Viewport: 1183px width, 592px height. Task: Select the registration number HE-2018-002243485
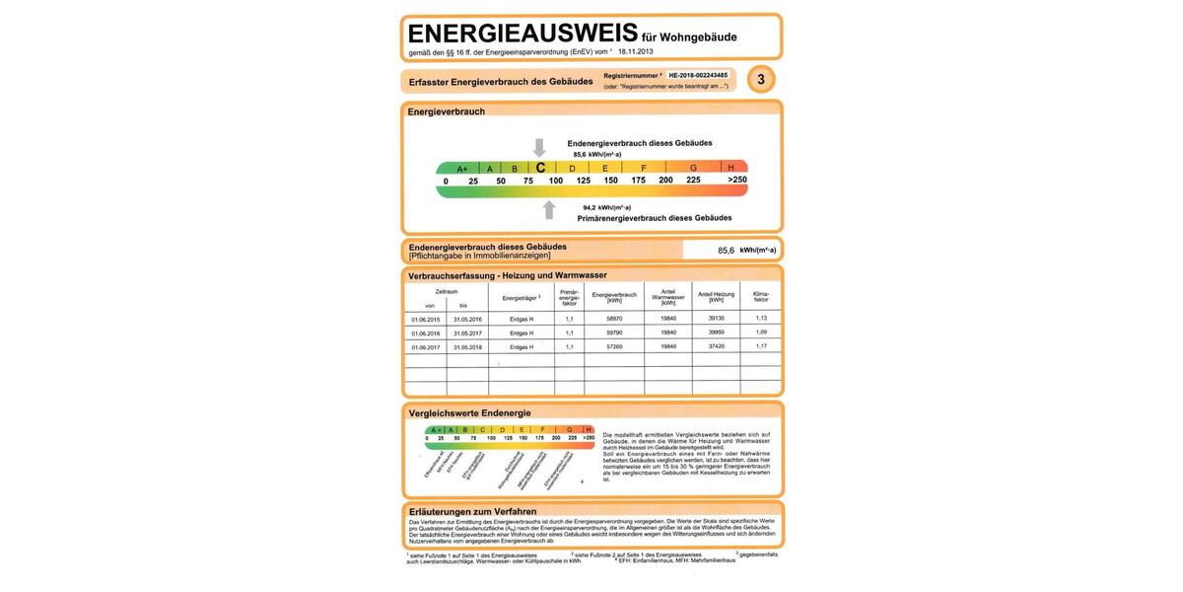[698, 75]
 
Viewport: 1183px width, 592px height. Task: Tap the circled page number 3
[760, 79]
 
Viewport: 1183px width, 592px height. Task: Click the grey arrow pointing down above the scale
[539, 147]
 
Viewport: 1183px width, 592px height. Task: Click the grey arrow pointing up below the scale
[549, 209]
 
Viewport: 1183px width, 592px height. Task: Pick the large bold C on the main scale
[540, 168]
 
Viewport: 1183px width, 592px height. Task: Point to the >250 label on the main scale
[737, 181]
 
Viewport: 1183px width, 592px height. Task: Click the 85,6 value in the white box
[727, 251]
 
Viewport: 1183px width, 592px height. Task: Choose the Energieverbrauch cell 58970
[613, 319]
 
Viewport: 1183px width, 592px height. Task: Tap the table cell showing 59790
[613, 333]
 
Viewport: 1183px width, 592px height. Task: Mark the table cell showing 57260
[613, 347]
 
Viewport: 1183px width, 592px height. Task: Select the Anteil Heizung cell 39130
[716, 319]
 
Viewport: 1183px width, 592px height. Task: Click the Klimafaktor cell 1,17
[760, 347]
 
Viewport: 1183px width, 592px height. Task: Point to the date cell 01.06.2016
[426, 333]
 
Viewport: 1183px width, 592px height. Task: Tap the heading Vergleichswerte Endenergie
[469, 412]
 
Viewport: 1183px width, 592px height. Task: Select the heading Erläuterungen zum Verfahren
[472, 511]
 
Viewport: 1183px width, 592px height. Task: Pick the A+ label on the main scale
[462, 169]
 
